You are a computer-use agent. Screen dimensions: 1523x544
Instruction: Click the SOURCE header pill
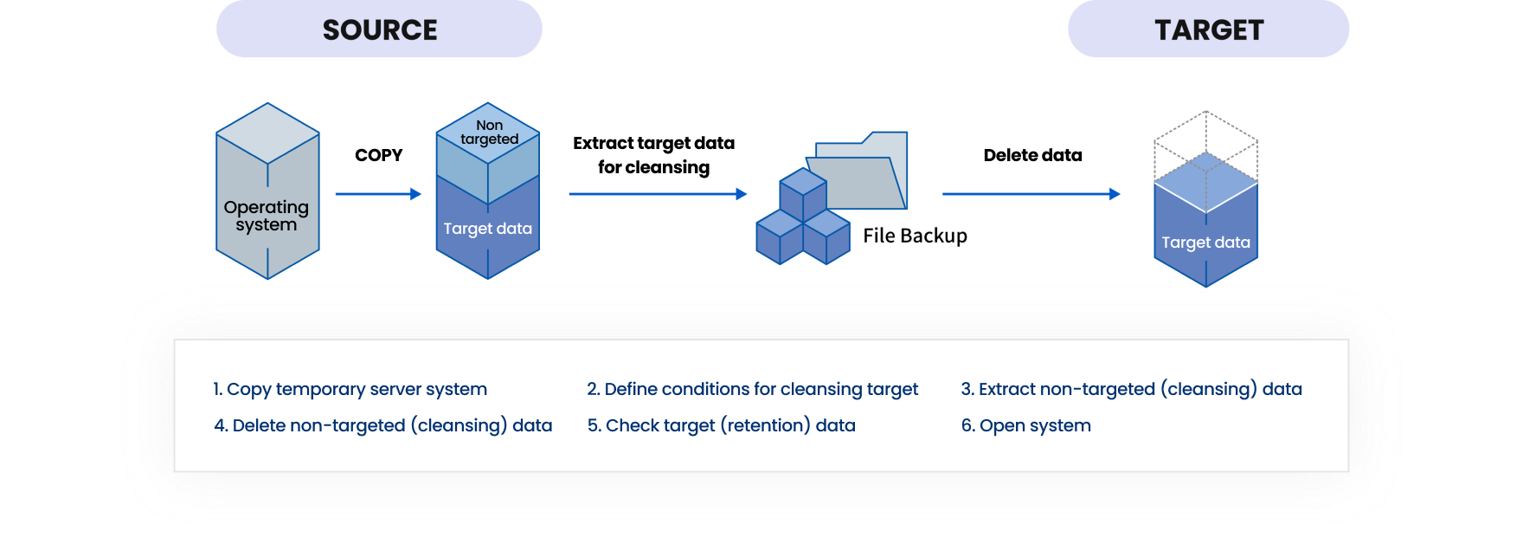(x=379, y=29)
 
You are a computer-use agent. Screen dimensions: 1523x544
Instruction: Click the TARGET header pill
(x=1208, y=29)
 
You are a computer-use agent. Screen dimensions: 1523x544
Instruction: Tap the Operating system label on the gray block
(x=267, y=216)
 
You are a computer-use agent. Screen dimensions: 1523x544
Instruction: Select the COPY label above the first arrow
(x=379, y=155)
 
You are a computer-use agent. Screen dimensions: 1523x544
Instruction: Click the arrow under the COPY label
(x=378, y=194)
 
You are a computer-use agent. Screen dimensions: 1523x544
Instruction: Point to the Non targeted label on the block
(x=489, y=132)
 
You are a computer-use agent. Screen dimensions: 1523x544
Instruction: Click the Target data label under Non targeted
(x=488, y=229)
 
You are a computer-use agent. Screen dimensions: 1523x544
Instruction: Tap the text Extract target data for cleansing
(x=653, y=155)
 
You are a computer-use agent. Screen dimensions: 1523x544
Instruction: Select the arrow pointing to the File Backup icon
(x=658, y=194)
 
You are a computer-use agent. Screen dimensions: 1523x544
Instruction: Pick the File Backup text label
(x=915, y=236)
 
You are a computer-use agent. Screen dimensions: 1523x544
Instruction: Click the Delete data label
(x=1032, y=155)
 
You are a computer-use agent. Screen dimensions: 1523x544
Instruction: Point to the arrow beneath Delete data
(x=1031, y=194)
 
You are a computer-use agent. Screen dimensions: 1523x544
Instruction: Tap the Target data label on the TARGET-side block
(x=1205, y=243)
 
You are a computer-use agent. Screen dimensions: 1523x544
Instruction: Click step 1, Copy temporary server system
(x=350, y=389)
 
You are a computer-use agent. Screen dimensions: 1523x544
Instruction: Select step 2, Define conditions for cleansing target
(x=753, y=389)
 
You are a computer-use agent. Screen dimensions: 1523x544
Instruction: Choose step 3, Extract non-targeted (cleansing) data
(x=1132, y=389)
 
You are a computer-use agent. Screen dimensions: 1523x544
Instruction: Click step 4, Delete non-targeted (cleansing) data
(x=383, y=425)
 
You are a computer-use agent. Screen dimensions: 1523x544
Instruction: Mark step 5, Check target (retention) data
(x=722, y=425)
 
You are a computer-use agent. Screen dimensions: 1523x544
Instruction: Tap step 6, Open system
(x=1026, y=425)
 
